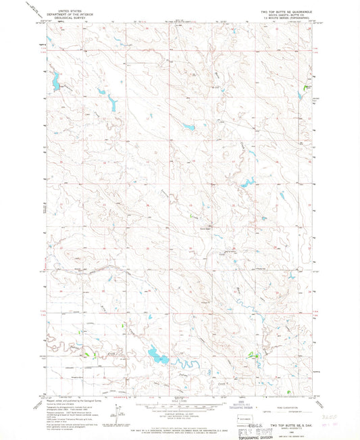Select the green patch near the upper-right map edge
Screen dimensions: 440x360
point(307,87)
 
